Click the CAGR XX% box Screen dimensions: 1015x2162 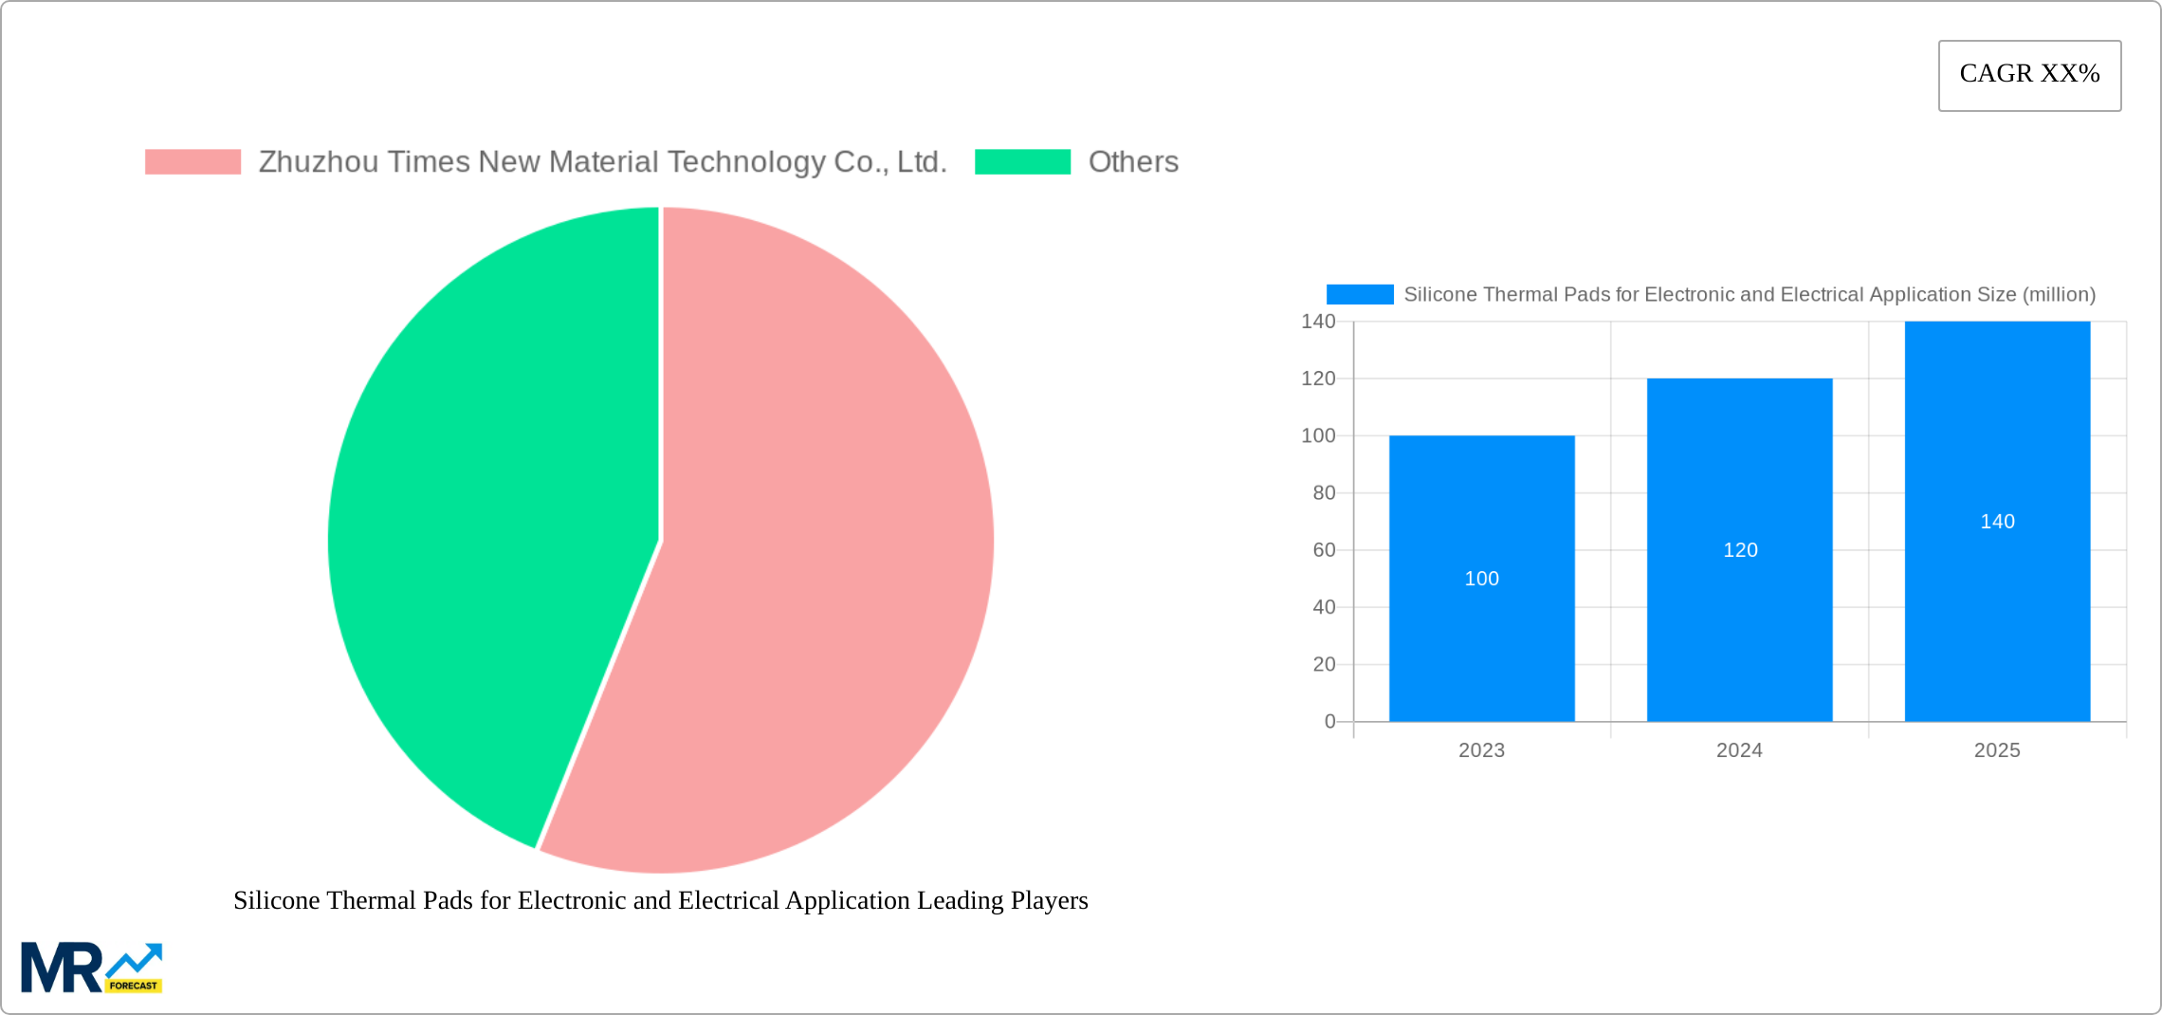click(x=2029, y=75)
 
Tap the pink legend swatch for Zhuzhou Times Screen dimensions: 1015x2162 click(x=192, y=162)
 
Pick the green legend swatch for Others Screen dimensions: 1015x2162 click(x=1022, y=162)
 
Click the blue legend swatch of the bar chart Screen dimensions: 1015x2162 click(x=1359, y=295)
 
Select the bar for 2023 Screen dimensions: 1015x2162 click(x=1481, y=645)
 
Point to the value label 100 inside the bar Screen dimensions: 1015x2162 click(x=1481, y=579)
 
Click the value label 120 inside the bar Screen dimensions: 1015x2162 click(x=1740, y=550)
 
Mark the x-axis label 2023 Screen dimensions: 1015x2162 click(x=1481, y=750)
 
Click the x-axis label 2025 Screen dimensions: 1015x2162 click(x=1997, y=750)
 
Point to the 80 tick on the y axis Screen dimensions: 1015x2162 click(x=1324, y=493)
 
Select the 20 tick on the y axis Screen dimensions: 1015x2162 click(x=1324, y=665)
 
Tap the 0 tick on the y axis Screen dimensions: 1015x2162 click(x=1329, y=722)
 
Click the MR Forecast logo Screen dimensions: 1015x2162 click(x=91, y=968)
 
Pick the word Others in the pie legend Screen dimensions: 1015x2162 click(x=1133, y=162)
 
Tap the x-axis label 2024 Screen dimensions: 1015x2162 click(x=1739, y=750)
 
